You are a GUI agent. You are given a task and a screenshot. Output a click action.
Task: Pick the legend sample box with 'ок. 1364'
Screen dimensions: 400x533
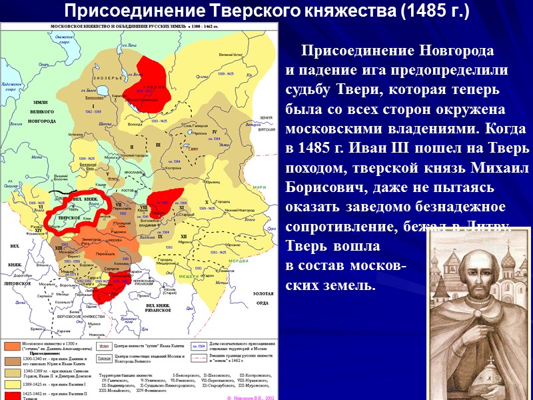tap(199, 345)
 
